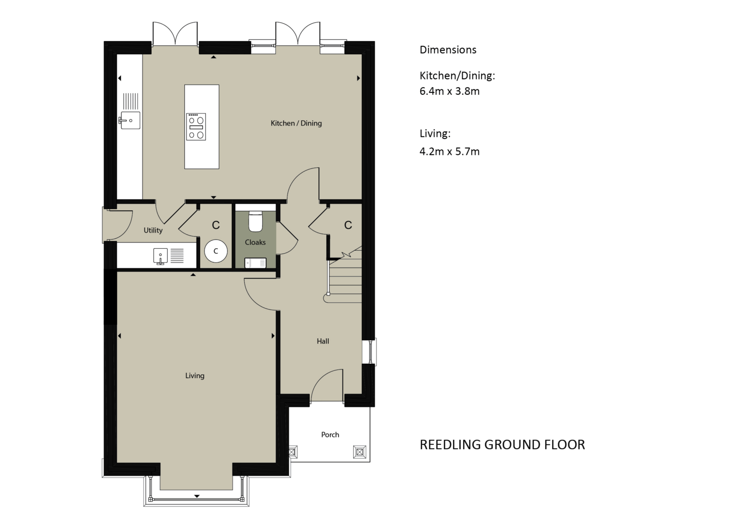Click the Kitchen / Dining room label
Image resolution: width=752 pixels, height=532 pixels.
click(296, 123)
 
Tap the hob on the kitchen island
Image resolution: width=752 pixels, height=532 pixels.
click(196, 126)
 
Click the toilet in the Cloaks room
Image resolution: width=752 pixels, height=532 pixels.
click(255, 221)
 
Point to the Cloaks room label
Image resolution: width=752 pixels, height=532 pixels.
click(255, 242)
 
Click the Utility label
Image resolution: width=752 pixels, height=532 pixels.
click(153, 230)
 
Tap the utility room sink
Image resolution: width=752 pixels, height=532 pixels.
click(161, 257)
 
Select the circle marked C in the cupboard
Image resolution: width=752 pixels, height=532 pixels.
click(216, 251)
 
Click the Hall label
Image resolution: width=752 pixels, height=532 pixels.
click(323, 341)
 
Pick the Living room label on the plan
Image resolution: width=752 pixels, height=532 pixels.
click(195, 376)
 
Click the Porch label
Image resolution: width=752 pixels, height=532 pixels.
click(330, 434)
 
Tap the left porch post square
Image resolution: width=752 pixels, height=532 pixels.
click(292, 452)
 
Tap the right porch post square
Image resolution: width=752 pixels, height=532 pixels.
click(359, 452)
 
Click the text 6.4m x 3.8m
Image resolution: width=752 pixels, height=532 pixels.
click(449, 91)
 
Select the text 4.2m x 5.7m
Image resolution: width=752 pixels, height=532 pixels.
click(449, 152)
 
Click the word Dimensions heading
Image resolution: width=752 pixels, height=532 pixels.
click(448, 50)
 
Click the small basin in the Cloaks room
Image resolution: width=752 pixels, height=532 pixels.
click(255, 263)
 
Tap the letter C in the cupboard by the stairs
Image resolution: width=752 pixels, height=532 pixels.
click(348, 225)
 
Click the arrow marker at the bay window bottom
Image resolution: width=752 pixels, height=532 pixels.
click(197, 496)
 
